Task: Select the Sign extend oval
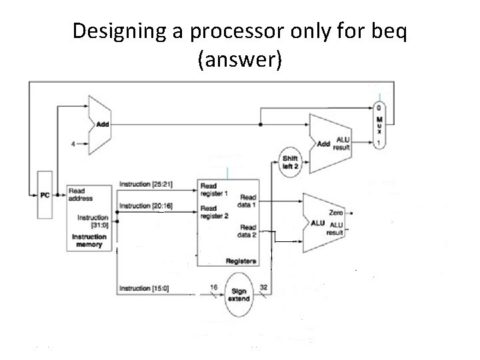point(238,293)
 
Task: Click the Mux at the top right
point(379,125)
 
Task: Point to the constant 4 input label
point(75,143)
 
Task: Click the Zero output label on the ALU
point(336,212)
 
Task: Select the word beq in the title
point(383,32)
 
